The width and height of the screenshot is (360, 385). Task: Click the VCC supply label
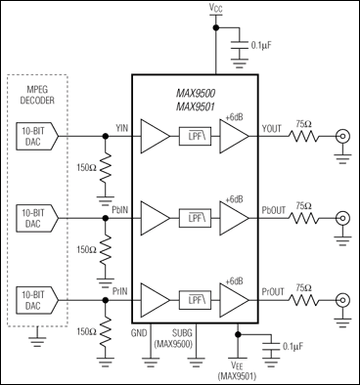click(215, 9)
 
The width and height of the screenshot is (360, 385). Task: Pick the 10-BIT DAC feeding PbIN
click(31, 216)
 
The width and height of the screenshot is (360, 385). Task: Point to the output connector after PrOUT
click(343, 299)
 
